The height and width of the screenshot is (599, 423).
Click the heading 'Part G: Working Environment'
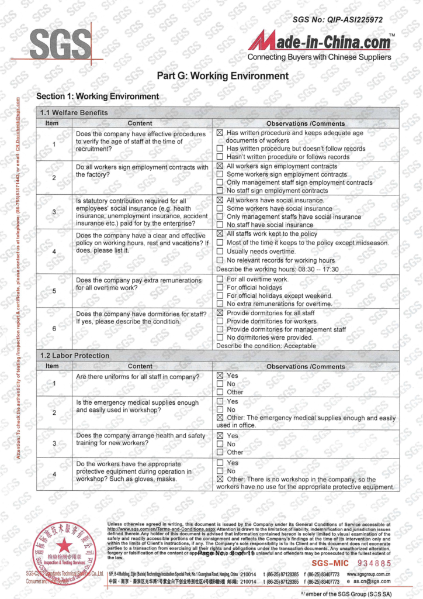click(x=223, y=76)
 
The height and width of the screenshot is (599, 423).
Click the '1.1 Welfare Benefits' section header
click(x=74, y=112)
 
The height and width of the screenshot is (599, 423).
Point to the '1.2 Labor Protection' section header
click(x=75, y=355)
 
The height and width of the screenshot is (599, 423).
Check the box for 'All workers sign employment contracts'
click(x=220, y=166)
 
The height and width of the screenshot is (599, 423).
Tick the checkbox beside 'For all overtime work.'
click(x=220, y=280)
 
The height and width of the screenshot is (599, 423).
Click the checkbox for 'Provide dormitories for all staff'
click(x=220, y=313)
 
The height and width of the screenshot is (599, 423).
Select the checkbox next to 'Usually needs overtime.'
click(x=220, y=252)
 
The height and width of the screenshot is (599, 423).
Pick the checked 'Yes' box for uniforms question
click(x=220, y=376)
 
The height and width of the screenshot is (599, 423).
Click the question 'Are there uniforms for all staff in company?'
click(x=138, y=377)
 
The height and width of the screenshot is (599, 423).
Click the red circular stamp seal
click(x=64, y=550)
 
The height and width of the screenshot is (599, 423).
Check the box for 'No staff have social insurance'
click(x=220, y=225)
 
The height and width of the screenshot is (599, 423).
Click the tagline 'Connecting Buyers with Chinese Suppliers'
click(x=319, y=57)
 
